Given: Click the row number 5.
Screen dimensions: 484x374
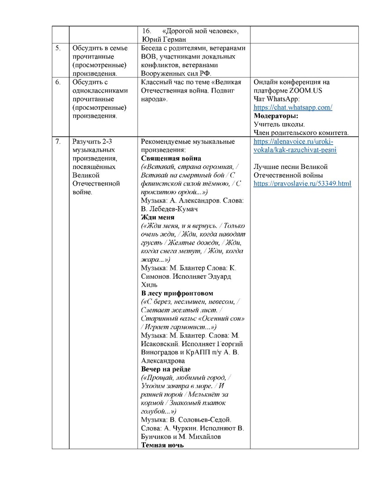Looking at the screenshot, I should point(58,48).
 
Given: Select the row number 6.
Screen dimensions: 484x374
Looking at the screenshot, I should point(58,82).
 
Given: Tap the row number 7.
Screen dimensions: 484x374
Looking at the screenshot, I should point(58,142).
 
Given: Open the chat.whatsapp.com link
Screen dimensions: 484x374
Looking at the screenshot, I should point(292,108).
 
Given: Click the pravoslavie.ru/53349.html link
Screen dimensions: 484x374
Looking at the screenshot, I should point(302,184).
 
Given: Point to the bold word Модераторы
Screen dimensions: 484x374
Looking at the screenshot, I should point(275,116).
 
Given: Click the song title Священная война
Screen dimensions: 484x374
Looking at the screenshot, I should point(171,159).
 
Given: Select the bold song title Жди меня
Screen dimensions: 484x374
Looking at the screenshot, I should point(158,217).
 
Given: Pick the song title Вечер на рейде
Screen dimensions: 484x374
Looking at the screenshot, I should point(166,369).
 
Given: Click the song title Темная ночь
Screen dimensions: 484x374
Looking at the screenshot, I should point(163,445).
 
